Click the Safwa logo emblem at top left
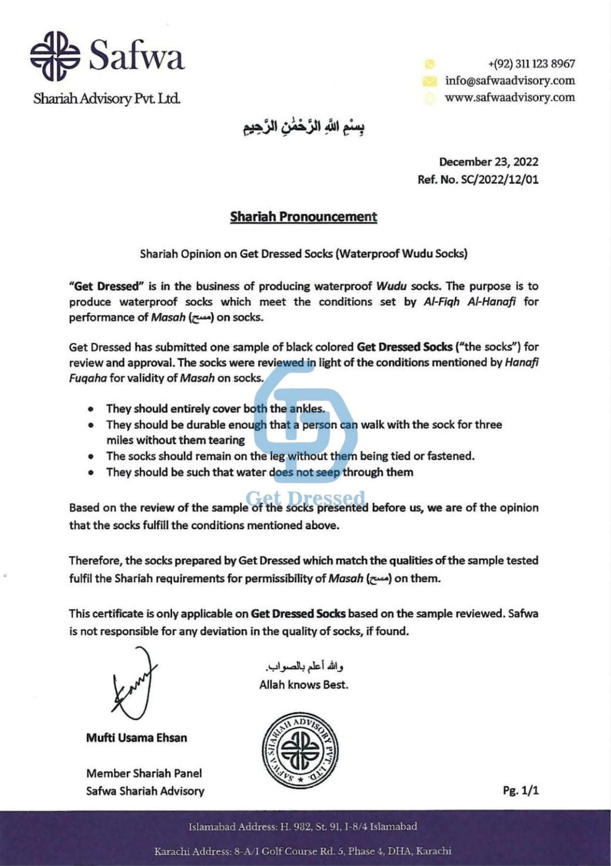(55, 56)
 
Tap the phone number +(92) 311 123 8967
(531, 64)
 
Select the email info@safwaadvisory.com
(510, 81)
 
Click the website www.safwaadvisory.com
(510, 97)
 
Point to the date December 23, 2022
(489, 162)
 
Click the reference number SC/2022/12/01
(499, 180)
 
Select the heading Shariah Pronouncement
(304, 216)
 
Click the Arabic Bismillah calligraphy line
(304, 126)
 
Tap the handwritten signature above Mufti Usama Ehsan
(134, 682)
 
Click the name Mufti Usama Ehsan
(137, 738)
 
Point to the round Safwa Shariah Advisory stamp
(301, 750)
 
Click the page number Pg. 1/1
(520, 790)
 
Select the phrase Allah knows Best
(304, 685)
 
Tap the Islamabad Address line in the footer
(303, 827)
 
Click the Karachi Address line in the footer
(303, 851)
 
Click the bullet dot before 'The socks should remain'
(91, 457)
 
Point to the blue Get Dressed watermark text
(305, 498)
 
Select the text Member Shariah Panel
(144, 773)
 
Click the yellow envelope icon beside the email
(430, 81)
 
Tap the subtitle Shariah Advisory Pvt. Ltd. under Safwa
(107, 98)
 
